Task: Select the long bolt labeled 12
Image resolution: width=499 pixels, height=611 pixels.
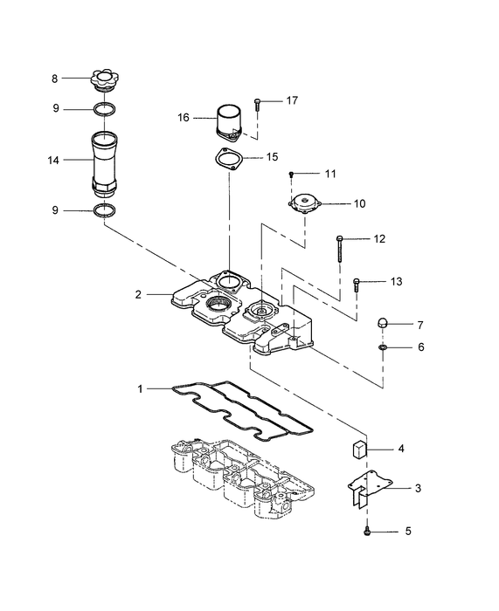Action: click(340, 252)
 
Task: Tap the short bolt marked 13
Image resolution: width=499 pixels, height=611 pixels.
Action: click(357, 285)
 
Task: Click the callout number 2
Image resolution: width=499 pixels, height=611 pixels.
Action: click(137, 295)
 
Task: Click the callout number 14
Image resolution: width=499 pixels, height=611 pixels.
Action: click(54, 161)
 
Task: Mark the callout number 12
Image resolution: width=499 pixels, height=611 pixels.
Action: click(379, 239)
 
